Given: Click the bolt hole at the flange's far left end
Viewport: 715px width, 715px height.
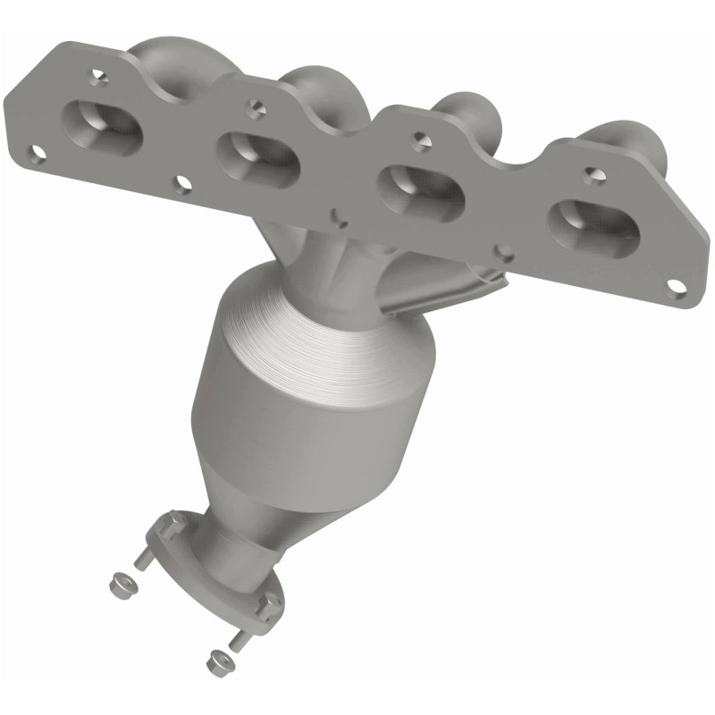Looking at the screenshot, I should (x=37, y=154).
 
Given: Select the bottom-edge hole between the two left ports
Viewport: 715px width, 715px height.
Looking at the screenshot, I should (x=182, y=185).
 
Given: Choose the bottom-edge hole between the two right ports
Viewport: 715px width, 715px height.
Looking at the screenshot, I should (x=505, y=253).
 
